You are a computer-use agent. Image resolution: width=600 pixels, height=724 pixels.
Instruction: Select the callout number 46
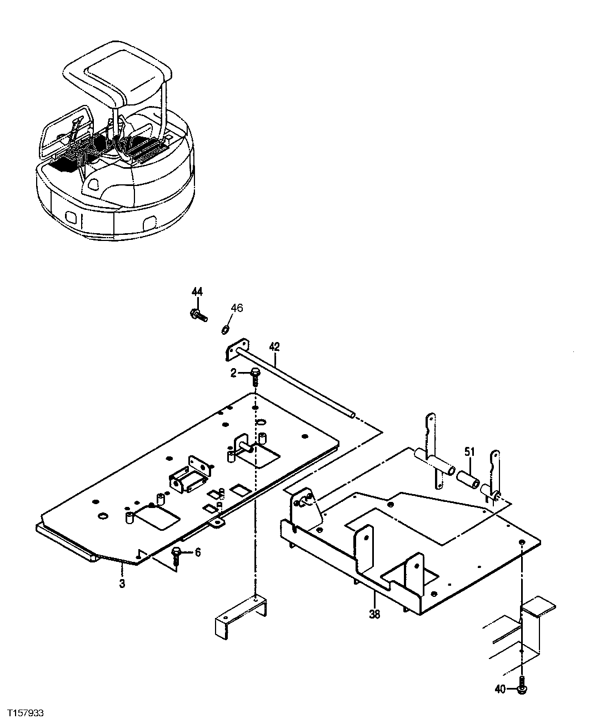tap(237, 308)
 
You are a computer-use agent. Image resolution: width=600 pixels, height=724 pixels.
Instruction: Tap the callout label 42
tap(274, 346)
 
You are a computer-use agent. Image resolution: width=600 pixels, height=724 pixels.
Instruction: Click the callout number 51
tap(470, 452)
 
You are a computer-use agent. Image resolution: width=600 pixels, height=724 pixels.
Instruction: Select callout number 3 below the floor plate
tap(122, 584)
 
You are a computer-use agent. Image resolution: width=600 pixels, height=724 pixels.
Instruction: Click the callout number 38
tap(375, 614)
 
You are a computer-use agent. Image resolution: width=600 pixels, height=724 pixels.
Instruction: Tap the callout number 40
tap(500, 690)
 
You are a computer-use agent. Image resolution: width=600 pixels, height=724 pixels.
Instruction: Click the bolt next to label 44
tap(198, 316)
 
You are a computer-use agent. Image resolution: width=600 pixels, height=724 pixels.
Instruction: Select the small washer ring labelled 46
tap(226, 330)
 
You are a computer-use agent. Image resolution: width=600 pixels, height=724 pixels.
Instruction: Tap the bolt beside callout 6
tap(177, 555)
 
